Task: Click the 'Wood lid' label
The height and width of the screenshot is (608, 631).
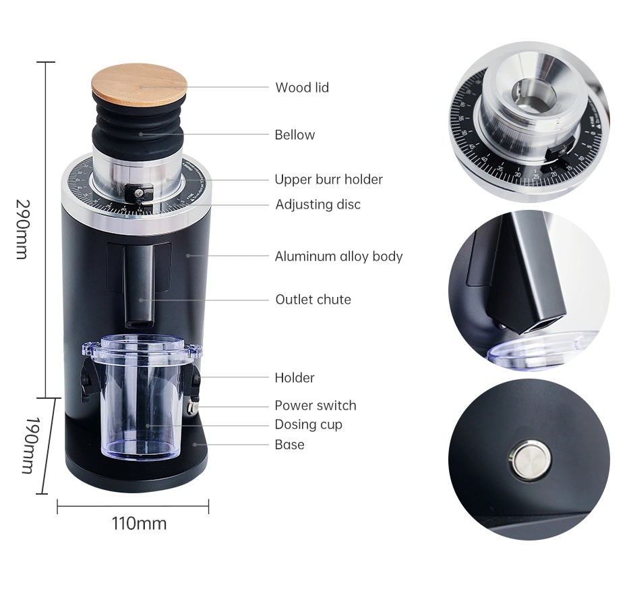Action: pos(302,88)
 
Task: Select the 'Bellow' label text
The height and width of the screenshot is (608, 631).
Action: pos(295,134)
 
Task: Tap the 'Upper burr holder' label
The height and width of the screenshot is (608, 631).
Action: pos(328,179)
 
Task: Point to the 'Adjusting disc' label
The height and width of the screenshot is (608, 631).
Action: pos(318,204)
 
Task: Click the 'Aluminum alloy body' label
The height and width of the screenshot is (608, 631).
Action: pos(338,256)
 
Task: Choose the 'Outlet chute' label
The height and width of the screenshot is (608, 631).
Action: pos(313,300)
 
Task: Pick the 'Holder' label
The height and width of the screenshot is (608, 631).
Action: pos(294,377)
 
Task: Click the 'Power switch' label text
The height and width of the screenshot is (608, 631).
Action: pos(315,405)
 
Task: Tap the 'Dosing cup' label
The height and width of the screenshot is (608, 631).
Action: pos(308,424)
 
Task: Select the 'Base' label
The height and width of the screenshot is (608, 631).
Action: pos(289,445)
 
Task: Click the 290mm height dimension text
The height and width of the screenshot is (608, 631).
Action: pos(22,229)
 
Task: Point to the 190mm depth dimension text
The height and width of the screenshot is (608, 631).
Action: pos(32,445)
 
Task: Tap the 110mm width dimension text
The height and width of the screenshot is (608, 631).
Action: pos(139,524)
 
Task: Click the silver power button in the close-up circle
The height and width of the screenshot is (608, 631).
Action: pos(531,460)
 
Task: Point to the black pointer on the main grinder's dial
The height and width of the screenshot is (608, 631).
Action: pos(139,194)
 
